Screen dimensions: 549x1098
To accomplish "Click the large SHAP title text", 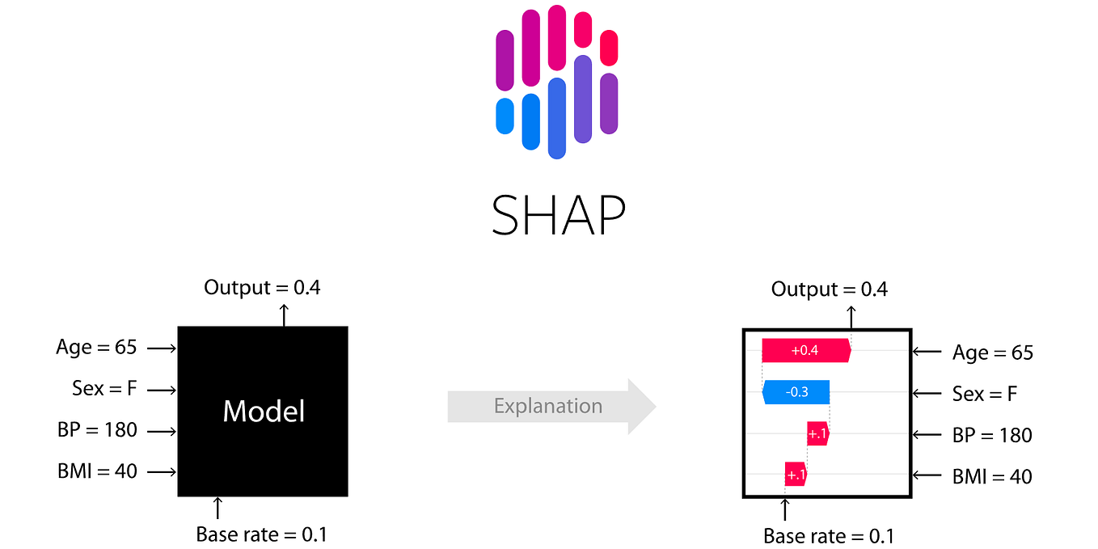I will coord(558,214).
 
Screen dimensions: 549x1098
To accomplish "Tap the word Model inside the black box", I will coord(264,412).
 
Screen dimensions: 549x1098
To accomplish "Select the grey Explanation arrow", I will coord(551,406).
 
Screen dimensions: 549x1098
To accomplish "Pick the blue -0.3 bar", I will coord(796,392).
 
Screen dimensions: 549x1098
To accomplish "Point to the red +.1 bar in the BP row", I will coord(817,434).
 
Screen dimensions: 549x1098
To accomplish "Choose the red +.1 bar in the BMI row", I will coord(796,475).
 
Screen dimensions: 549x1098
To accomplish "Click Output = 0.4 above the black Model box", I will coord(262,287).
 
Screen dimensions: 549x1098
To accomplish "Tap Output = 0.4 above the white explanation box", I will coord(829,289).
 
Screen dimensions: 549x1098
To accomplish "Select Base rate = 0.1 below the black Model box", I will coord(261,534).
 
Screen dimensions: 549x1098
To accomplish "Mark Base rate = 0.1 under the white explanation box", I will coord(829,536).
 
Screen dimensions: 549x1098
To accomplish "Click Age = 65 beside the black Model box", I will coord(96,348).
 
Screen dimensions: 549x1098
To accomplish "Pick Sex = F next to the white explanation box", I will coord(984,394).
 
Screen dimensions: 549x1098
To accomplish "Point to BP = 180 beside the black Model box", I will coord(97,429).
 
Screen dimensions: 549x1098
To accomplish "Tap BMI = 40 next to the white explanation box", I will coord(992,476).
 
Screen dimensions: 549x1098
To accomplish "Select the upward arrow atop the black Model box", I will coord(283,315).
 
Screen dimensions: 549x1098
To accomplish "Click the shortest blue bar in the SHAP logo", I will coord(505,116).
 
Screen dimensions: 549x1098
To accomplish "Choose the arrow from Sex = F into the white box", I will coord(927,393).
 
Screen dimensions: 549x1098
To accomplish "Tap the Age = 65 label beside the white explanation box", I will coord(992,353).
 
